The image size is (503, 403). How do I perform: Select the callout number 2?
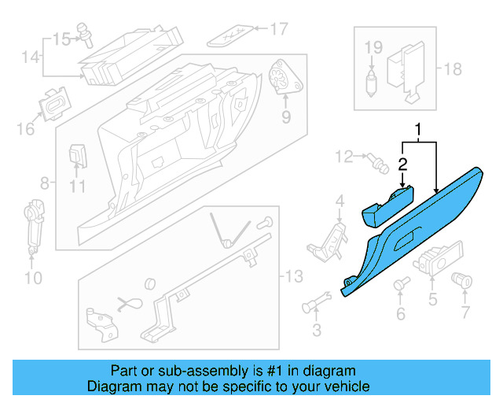tap(402, 164)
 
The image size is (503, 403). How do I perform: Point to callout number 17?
tap(279, 30)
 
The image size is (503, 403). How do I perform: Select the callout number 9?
tap(285, 117)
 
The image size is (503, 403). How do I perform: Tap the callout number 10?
tap(31, 277)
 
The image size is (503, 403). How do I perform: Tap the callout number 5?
tap(431, 298)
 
